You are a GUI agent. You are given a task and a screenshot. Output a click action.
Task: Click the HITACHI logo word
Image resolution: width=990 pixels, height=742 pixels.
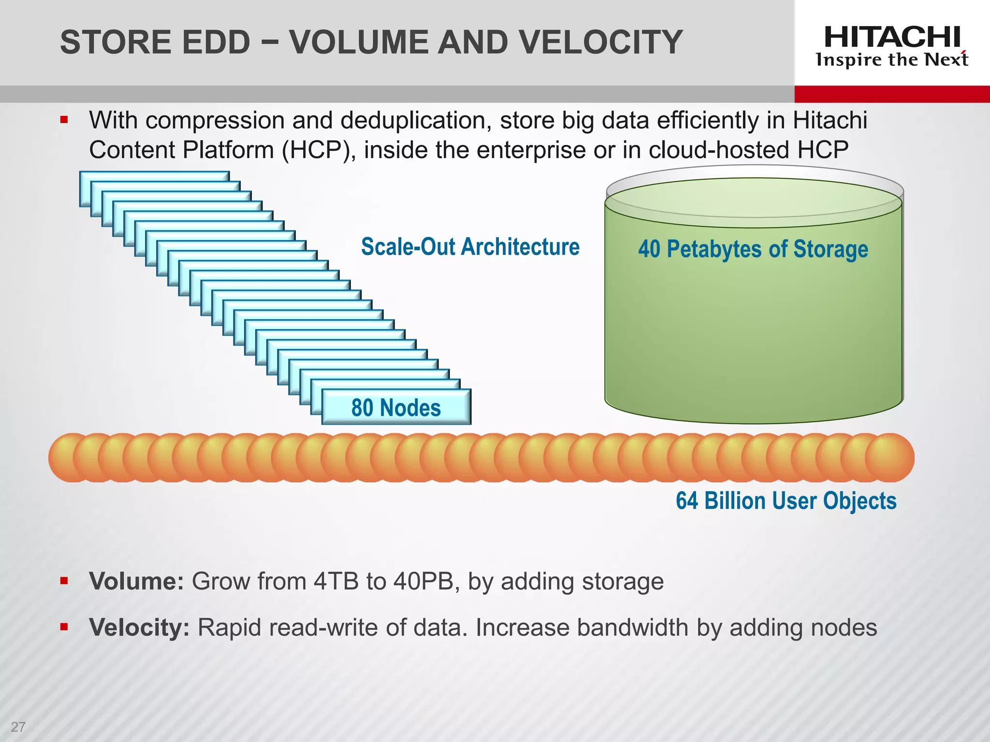pyautogui.click(x=892, y=37)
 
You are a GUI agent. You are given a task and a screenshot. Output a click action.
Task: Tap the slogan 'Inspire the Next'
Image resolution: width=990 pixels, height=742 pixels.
pyautogui.click(x=892, y=60)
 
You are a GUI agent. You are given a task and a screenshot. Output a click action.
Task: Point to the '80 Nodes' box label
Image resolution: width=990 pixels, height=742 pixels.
pyautogui.click(x=396, y=408)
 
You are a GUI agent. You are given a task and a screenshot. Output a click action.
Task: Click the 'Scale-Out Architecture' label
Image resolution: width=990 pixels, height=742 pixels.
pyautogui.click(x=470, y=247)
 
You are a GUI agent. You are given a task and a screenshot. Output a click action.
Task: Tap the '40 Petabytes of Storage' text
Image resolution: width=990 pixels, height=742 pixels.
pyautogui.click(x=753, y=250)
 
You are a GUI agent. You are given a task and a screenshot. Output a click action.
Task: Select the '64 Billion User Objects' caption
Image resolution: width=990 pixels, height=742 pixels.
pyautogui.click(x=786, y=500)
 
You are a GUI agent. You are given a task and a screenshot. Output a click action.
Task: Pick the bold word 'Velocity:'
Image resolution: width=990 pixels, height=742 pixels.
pyautogui.click(x=139, y=628)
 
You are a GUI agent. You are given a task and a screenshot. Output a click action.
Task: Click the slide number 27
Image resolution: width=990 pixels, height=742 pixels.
pyautogui.click(x=18, y=727)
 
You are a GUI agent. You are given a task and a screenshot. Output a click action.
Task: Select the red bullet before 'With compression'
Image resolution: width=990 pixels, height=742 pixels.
pyautogui.click(x=64, y=119)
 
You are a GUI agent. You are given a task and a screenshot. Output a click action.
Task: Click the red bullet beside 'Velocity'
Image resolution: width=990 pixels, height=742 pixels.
pyautogui.click(x=64, y=627)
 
